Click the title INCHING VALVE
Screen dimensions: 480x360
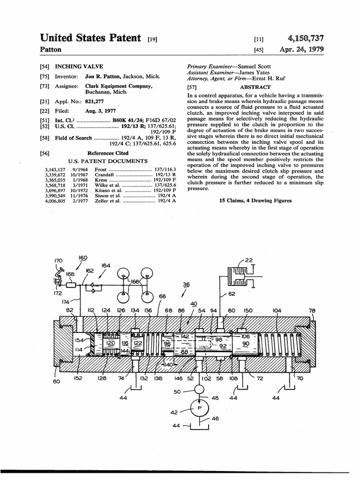(x=79, y=67)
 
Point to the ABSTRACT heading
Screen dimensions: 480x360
(x=255, y=87)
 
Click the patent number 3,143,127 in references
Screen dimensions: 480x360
(x=55, y=170)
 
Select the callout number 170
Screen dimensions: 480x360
(x=58, y=261)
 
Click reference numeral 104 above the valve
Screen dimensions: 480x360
(x=277, y=310)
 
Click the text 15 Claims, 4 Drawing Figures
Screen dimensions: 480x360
(x=255, y=201)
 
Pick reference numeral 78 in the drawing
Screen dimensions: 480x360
(x=312, y=310)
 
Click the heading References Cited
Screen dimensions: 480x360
(x=108, y=153)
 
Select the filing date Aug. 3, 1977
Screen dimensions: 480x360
(x=99, y=111)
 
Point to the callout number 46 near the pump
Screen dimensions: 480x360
(x=215, y=419)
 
